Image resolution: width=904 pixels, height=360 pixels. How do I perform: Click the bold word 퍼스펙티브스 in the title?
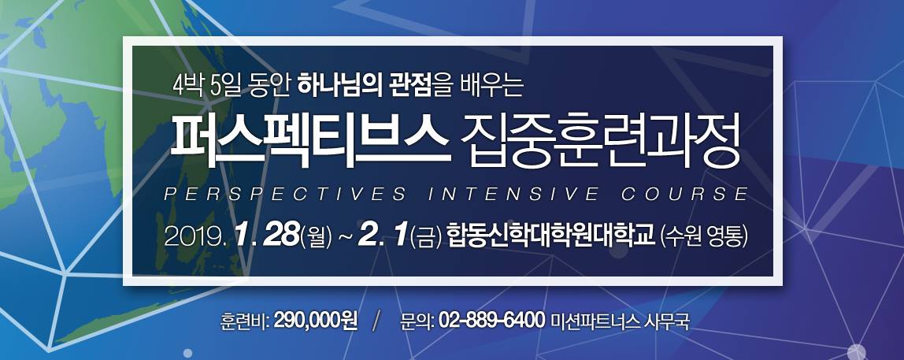[310, 142]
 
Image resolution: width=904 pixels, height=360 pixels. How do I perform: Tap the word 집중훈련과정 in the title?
[600, 142]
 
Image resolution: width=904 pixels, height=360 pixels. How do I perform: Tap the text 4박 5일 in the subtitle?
[206, 87]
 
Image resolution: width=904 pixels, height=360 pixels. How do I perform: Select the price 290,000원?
[315, 320]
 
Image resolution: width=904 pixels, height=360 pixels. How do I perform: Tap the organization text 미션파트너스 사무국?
[621, 320]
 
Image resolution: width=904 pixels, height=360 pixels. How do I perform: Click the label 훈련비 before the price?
[244, 320]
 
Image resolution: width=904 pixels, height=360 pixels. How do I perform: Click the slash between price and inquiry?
[378, 321]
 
